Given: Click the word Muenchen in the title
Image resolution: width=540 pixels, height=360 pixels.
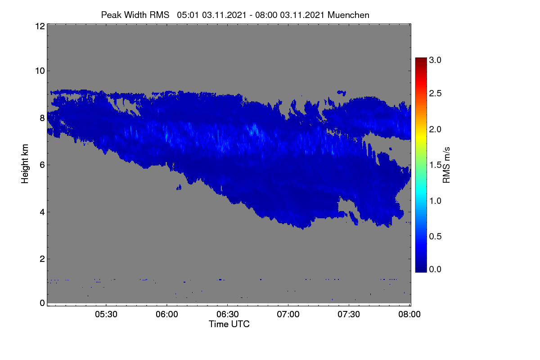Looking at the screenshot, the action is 348,15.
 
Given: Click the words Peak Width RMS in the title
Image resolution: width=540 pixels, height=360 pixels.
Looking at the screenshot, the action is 135,15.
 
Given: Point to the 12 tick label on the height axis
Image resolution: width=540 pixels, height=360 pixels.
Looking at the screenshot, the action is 40,26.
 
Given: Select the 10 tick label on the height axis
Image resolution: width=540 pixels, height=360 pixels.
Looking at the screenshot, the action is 40,71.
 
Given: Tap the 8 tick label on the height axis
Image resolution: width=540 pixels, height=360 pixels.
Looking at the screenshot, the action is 42,118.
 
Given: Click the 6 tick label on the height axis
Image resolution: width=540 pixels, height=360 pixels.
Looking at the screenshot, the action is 42,165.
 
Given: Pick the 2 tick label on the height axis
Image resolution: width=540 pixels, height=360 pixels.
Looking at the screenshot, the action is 42,259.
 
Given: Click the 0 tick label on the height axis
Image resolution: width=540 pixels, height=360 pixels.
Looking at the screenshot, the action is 42,303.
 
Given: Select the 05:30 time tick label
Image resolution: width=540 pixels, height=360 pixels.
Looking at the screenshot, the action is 106,314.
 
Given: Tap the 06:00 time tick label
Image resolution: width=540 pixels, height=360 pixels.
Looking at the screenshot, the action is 167,314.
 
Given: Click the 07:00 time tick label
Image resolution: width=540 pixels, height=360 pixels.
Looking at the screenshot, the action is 288,314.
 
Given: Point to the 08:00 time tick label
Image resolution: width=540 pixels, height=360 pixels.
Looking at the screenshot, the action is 409,314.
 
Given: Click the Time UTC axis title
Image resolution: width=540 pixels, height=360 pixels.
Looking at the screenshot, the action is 229,324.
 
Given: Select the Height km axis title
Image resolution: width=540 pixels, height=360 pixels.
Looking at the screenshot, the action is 25,164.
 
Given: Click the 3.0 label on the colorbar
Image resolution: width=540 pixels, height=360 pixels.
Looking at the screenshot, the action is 435,60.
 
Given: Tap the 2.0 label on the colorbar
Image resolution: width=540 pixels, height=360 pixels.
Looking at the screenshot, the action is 435,130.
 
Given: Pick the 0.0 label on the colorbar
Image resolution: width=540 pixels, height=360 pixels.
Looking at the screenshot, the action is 435,269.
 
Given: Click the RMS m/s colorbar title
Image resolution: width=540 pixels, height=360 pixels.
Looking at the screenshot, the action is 446,165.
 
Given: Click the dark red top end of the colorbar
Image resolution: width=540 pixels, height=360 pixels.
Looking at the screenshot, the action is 421,58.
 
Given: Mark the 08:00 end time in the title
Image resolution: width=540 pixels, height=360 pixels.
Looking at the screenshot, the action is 266,15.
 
